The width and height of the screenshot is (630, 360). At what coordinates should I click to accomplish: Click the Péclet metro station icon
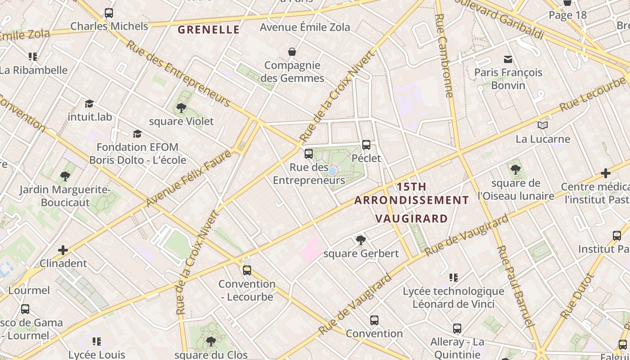click(366, 145)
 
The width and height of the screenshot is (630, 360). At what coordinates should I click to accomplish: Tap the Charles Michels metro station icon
click(109, 13)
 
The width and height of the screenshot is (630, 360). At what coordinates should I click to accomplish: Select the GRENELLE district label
click(209, 30)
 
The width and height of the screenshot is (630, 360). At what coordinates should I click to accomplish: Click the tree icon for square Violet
click(181, 108)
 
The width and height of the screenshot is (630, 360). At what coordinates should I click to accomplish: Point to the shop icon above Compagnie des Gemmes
click(292, 52)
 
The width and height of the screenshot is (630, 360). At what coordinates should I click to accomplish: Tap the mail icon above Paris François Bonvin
click(508, 59)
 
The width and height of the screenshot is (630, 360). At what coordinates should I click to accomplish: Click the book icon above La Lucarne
click(543, 125)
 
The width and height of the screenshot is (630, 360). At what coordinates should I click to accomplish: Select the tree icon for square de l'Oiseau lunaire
click(516, 170)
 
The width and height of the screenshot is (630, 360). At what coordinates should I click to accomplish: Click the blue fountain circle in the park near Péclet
click(332, 171)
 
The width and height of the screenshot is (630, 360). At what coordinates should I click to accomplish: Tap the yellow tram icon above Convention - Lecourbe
click(247, 270)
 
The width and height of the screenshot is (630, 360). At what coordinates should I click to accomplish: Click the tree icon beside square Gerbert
click(360, 240)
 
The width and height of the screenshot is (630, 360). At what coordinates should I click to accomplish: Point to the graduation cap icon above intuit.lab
click(90, 104)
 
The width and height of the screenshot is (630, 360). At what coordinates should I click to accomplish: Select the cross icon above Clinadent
click(63, 250)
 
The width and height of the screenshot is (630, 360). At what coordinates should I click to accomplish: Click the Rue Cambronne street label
click(445, 55)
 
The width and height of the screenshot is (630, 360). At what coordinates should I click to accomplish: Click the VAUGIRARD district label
click(411, 219)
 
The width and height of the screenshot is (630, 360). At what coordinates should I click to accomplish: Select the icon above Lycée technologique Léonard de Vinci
click(454, 278)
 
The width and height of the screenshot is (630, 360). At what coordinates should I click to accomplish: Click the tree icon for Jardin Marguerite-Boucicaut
click(65, 176)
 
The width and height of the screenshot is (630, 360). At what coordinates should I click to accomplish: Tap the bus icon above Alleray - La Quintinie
click(457, 328)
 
